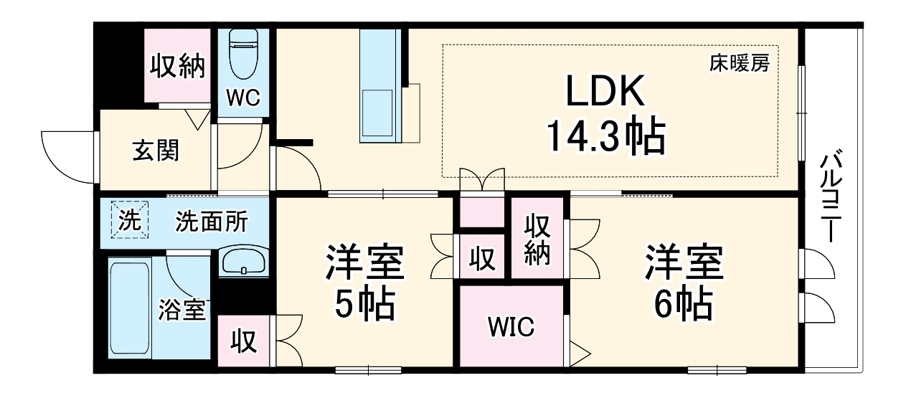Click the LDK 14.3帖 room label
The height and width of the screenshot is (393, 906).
pyautogui.click(x=606, y=115)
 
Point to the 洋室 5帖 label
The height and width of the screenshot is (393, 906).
pyautogui.click(x=365, y=283)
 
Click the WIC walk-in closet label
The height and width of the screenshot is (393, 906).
pyautogui.click(x=511, y=327)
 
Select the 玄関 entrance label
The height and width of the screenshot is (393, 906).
pyautogui.click(x=156, y=151)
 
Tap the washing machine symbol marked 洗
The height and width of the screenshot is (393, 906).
pyautogui.click(x=129, y=219)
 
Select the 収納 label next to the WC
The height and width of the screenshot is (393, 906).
pyautogui.click(x=177, y=67)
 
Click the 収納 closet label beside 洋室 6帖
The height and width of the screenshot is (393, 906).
pyautogui.click(x=538, y=240)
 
